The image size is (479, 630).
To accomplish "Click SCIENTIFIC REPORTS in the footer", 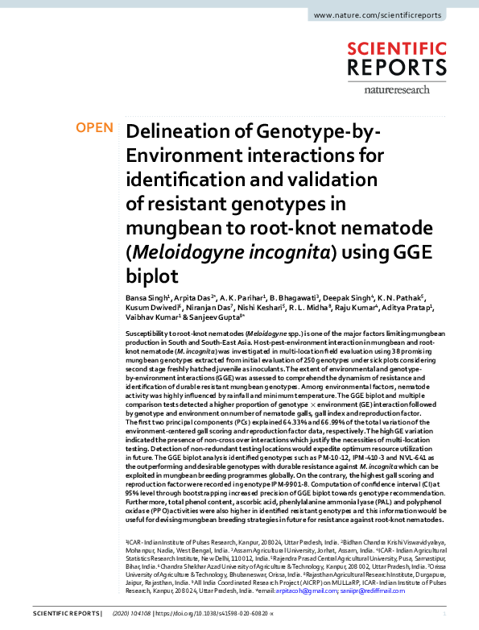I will click(x=67, y=615).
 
